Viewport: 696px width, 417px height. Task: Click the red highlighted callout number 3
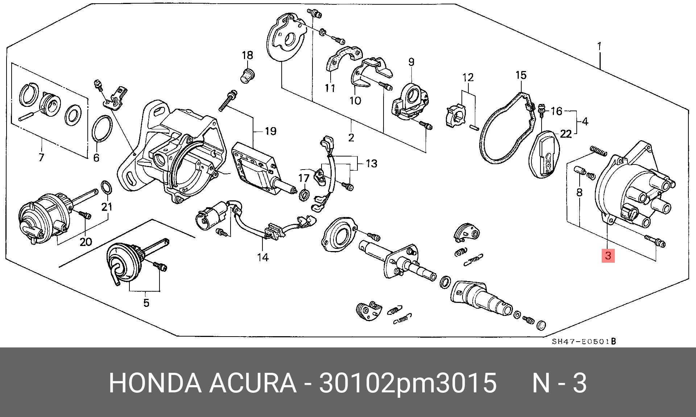pos(608,256)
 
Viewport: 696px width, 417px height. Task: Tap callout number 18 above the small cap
pos(247,55)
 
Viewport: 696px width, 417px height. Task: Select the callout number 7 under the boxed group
pos(41,158)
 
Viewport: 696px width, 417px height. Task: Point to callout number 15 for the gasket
pos(521,75)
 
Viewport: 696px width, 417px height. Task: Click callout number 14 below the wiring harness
pos(263,257)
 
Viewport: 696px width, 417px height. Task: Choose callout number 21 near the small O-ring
pos(107,207)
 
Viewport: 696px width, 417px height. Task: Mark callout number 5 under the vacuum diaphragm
pos(146,303)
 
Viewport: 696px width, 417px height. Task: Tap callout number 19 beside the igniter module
pos(270,131)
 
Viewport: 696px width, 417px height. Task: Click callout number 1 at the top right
pos(600,46)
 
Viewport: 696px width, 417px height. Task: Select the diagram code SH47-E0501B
pos(584,341)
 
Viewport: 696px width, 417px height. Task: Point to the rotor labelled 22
pos(547,154)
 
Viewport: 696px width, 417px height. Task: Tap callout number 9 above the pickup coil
pos(411,62)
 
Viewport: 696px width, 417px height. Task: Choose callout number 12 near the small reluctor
pos(468,77)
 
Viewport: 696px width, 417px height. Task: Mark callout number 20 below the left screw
pos(86,242)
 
